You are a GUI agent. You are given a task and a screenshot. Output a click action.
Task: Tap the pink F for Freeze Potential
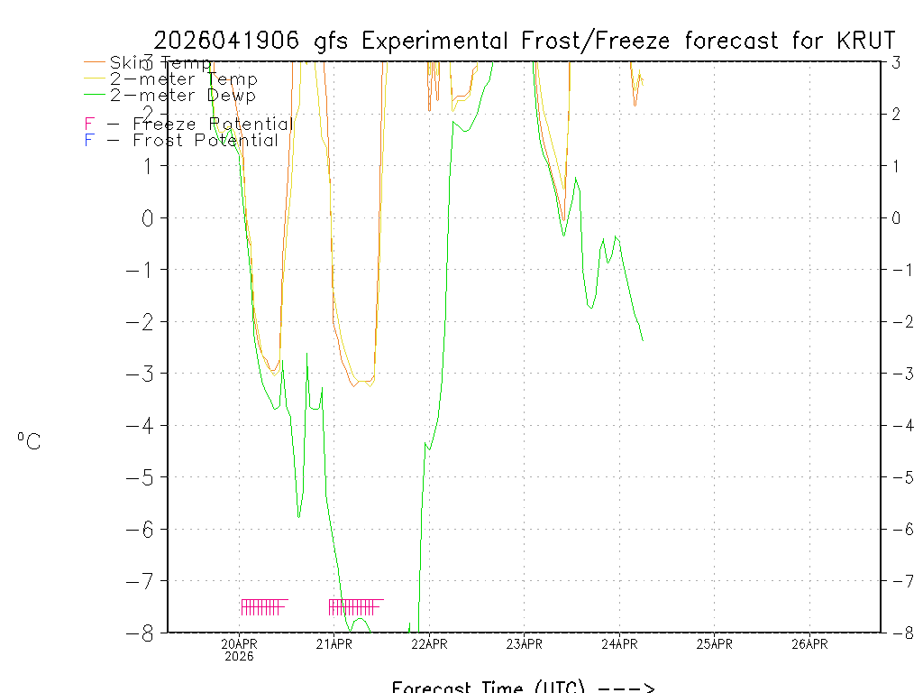tap(89, 124)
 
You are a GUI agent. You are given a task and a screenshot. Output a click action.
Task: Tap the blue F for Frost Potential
tap(89, 140)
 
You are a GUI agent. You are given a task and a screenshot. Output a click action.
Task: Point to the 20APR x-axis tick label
tap(239, 643)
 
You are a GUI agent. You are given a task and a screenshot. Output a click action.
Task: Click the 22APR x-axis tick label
tap(429, 643)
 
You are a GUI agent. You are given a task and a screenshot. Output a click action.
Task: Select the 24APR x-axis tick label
tap(619, 643)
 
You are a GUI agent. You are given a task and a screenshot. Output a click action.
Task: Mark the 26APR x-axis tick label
tap(809, 643)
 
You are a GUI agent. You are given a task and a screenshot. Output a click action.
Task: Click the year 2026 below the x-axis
tap(239, 656)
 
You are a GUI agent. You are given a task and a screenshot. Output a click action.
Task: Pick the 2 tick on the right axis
tap(896, 114)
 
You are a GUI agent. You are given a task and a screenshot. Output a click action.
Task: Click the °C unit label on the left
tap(29, 441)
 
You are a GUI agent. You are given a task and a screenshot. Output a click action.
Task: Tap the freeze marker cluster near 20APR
tap(263, 606)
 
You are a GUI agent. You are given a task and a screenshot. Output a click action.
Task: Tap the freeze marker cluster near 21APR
tap(355, 606)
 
